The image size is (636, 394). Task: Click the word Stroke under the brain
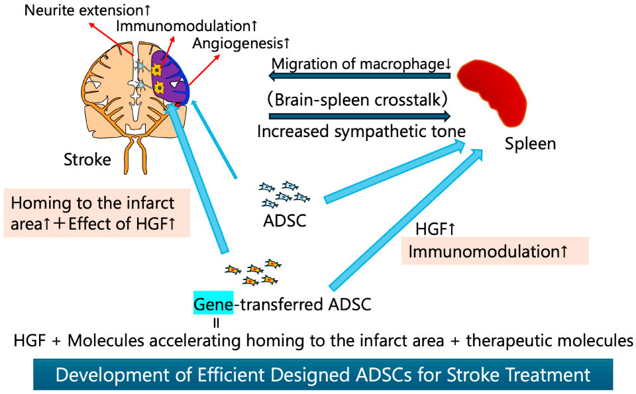coord(87,160)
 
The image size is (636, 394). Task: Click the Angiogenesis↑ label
coord(241,44)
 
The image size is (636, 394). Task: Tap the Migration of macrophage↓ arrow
coord(360,77)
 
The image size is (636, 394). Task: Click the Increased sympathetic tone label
coord(361,131)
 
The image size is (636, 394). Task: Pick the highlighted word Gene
coord(213,304)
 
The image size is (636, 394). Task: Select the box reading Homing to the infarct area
coord(97,213)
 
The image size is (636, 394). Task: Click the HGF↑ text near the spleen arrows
coord(435,230)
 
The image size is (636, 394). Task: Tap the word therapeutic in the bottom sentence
coord(508,340)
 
